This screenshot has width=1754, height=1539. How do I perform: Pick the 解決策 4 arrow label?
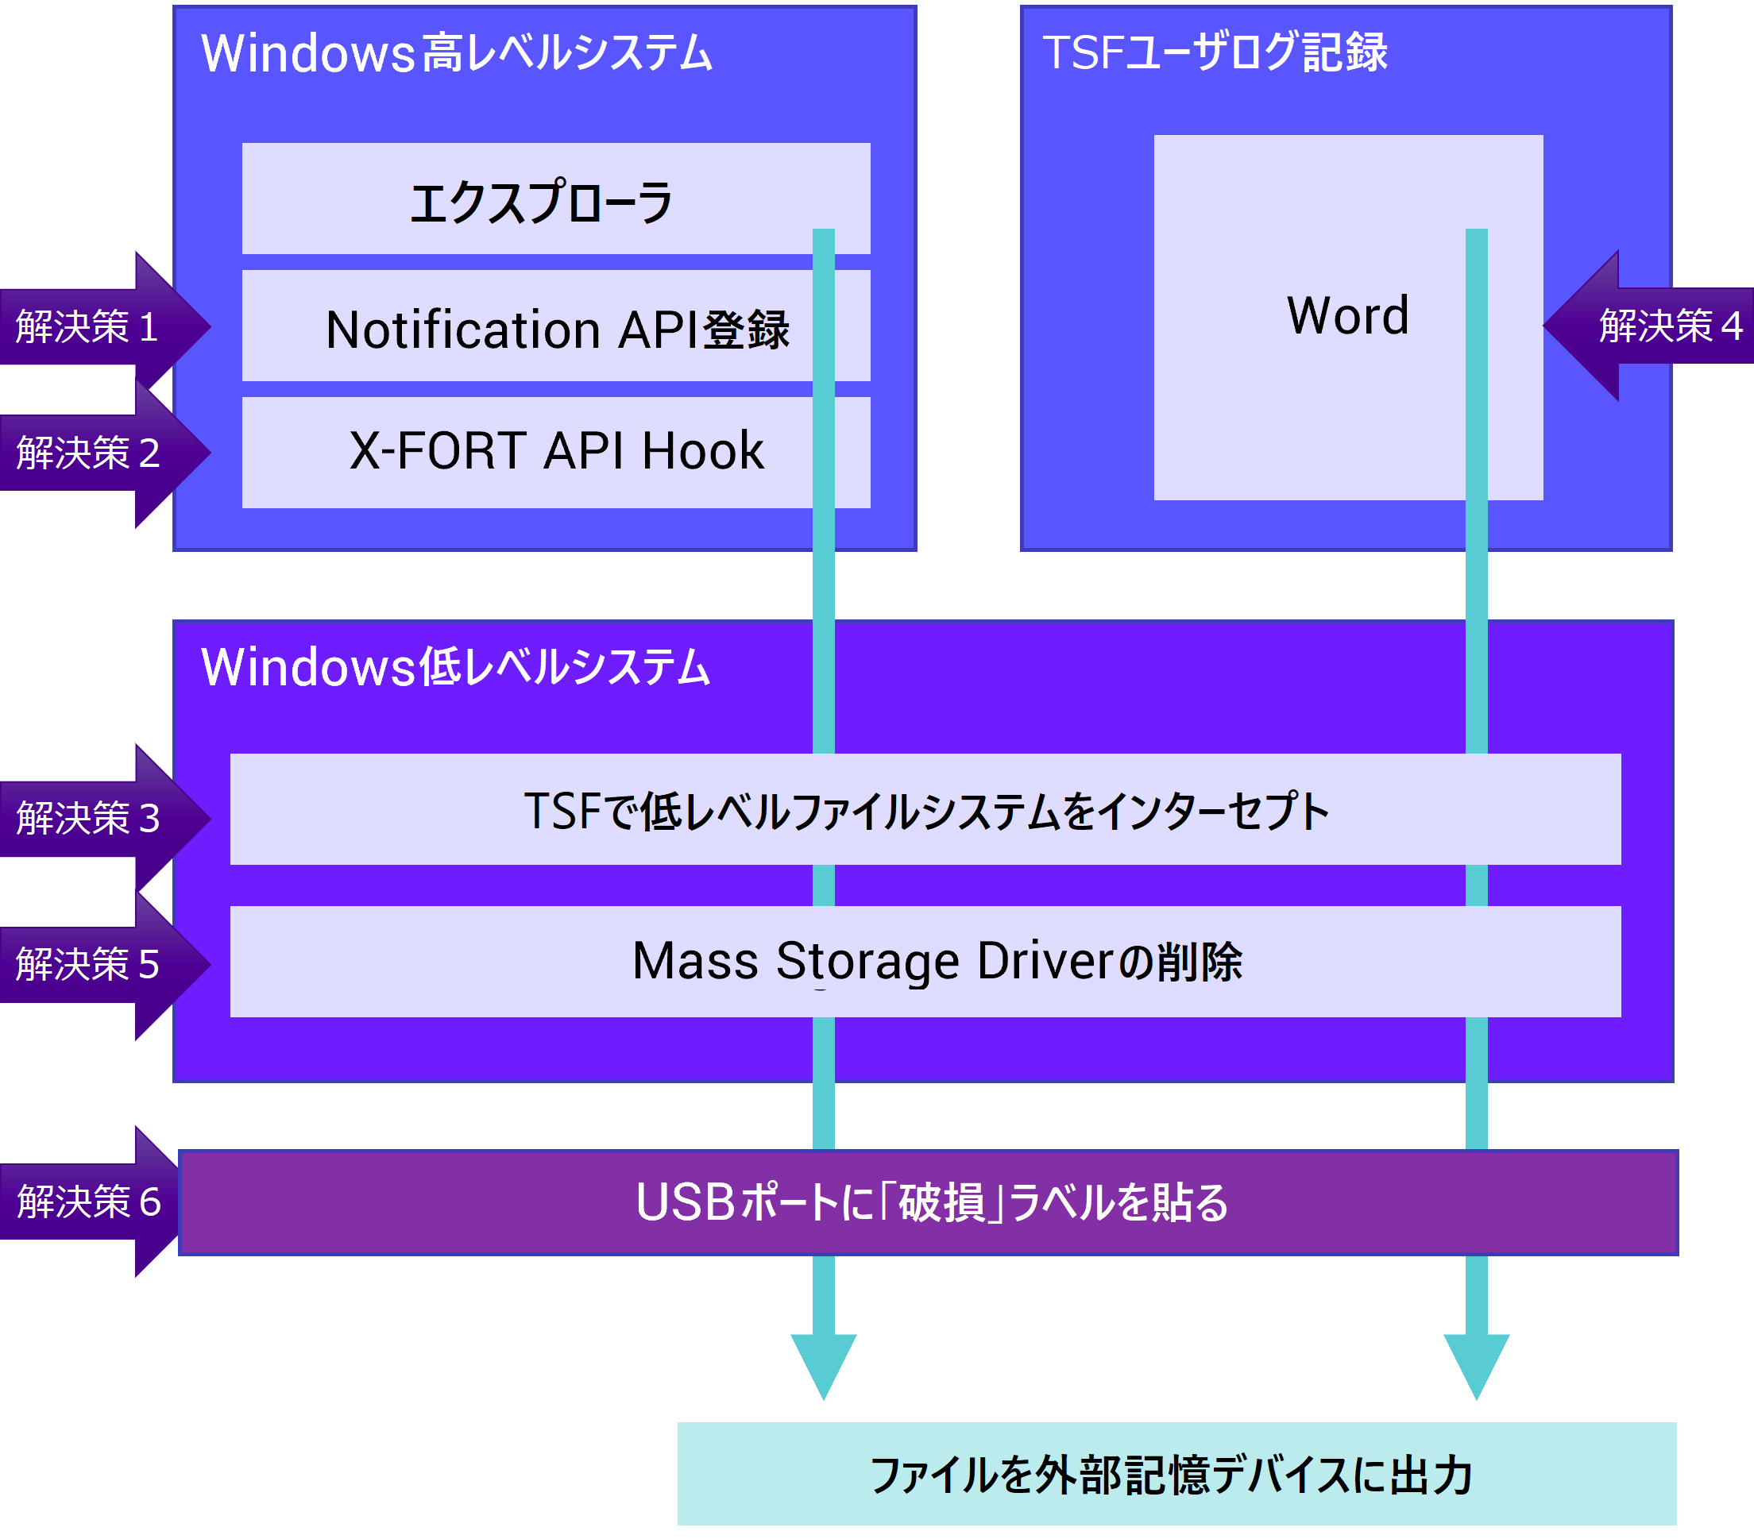tap(1670, 326)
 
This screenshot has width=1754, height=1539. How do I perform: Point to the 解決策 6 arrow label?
tap(88, 1201)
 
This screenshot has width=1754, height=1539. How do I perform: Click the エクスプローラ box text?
tap(542, 202)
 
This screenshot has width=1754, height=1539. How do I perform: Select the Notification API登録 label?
tap(557, 330)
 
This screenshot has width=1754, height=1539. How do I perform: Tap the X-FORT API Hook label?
tap(556, 450)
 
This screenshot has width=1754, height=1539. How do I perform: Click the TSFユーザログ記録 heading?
tap(1215, 52)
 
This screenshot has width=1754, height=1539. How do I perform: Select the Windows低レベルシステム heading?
tap(456, 666)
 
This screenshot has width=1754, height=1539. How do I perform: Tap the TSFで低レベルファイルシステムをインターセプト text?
tap(926, 811)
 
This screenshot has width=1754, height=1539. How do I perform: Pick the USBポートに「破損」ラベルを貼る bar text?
tap(931, 1201)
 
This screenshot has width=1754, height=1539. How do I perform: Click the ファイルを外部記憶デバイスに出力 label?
tap(1172, 1475)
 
